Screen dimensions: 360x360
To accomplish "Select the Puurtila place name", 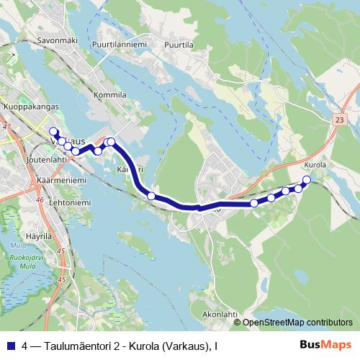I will click(179, 44).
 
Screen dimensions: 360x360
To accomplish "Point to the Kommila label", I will click(110, 94).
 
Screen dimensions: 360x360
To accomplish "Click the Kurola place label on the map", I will click(315, 165).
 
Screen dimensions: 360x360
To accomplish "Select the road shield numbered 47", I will click(7, 127).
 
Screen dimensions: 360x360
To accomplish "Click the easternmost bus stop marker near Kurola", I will click(307, 179).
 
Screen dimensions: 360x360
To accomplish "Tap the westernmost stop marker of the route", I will click(53, 131).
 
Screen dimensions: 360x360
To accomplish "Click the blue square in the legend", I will click(9, 346).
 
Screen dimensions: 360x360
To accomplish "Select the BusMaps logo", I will click(326, 346).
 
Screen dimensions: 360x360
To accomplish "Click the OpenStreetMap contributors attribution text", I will click(297, 323).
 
